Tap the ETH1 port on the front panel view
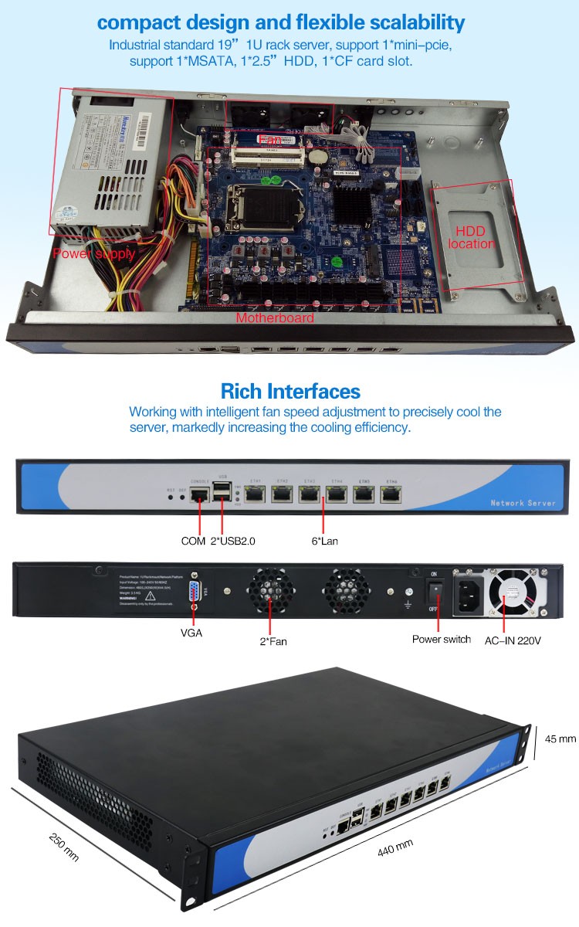[x=256, y=495]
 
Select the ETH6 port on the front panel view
[x=391, y=495]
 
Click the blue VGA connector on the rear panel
[x=195, y=593]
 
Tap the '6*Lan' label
[x=325, y=541]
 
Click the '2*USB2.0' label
[x=232, y=541]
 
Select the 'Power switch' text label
[x=441, y=639]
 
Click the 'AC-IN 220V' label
[x=512, y=639]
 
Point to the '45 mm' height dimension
[x=560, y=739]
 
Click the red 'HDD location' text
[x=475, y=237]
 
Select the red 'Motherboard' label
[x=275, y=317]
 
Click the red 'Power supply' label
[x=93, y=253]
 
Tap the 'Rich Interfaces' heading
[x=290, y=391]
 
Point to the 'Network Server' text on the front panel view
[x=523, y=503]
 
